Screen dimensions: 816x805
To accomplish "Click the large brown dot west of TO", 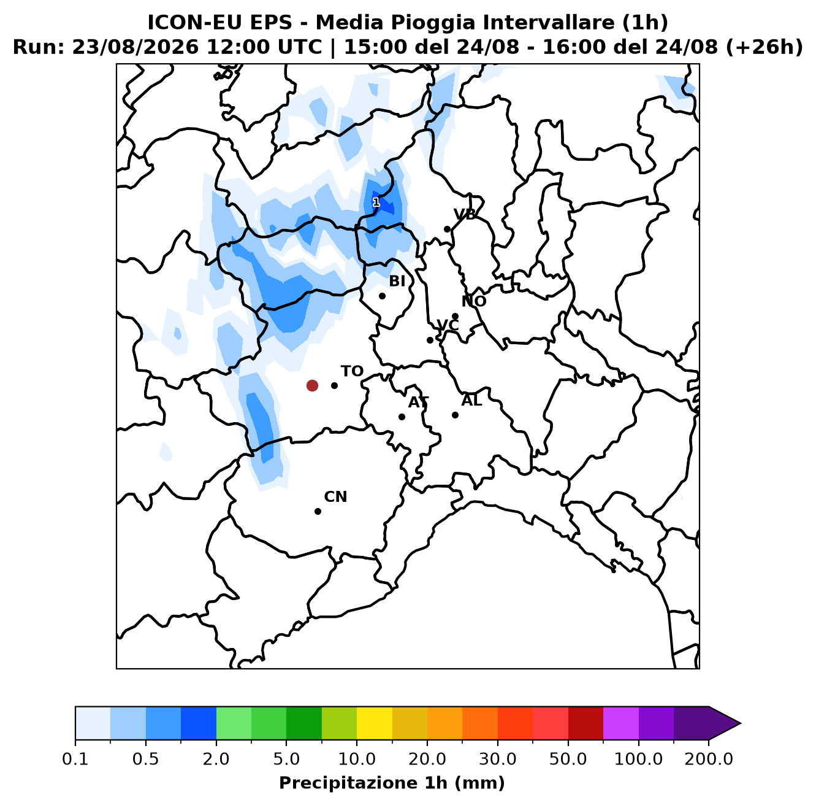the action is tap(312, 385).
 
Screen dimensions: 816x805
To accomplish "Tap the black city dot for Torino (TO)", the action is tap(334, 385).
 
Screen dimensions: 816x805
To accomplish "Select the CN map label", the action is tap(335, 496).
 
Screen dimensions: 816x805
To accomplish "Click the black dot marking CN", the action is tap(318, 511).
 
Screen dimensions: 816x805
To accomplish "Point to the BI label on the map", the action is tap(397, 281).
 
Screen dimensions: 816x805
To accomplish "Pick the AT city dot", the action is tap(402, 417).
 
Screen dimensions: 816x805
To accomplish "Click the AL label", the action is tap(471, 400).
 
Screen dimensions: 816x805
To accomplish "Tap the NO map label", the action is tap(473, 301).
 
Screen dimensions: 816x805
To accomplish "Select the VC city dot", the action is tap(430, 340).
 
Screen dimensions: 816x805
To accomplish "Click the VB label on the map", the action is tap(465, 214).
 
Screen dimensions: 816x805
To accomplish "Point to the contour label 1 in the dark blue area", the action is tap(376, 202).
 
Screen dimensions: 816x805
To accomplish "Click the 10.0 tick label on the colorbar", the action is tap(357, 759).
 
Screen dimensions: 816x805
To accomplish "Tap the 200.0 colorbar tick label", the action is tap(709, 759).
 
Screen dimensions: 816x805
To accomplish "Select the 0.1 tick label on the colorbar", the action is tap(75, 759).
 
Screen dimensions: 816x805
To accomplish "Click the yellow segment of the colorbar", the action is tap(375, 723).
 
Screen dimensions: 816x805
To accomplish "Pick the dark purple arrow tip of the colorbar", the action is tap(740, 723).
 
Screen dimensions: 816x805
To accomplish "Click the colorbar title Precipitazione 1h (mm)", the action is tap(392, 782).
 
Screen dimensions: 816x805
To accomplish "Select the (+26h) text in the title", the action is tap(764, 47).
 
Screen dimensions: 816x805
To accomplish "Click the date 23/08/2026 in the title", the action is tap(135, 47).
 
